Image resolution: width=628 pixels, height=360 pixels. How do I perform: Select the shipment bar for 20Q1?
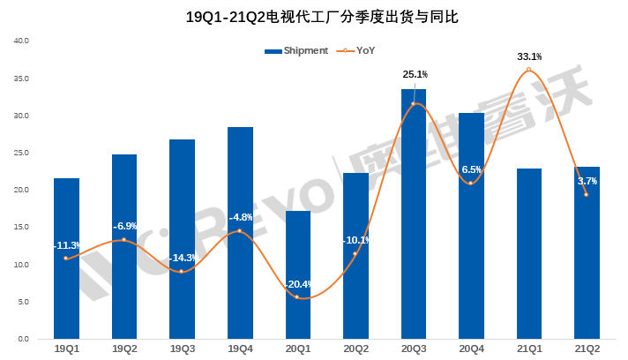click(297, 274)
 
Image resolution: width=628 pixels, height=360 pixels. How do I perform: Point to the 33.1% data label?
click(529, 57)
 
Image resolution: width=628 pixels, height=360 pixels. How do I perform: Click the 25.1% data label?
click(415, 75)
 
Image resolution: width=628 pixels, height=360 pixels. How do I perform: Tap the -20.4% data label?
click(297, 284)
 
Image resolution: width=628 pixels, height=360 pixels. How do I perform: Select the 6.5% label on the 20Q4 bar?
click(472, 169)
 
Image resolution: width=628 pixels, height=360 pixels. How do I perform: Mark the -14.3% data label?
click(183, 258)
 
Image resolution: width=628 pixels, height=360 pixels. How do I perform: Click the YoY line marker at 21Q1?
click(529, 70)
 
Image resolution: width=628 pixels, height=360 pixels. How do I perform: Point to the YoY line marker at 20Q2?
click(355, 254)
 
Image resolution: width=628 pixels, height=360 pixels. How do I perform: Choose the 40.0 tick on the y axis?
click(22, 41)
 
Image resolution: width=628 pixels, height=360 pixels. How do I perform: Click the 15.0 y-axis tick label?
click(22, 228)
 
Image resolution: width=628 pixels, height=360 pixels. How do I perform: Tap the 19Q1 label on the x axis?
click(66, 349)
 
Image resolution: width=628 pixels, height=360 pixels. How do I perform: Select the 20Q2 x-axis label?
click(355, 349)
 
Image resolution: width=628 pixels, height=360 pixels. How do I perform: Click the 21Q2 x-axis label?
click(587, 349)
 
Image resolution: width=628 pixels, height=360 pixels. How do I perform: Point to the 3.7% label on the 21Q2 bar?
click(587, 181)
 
